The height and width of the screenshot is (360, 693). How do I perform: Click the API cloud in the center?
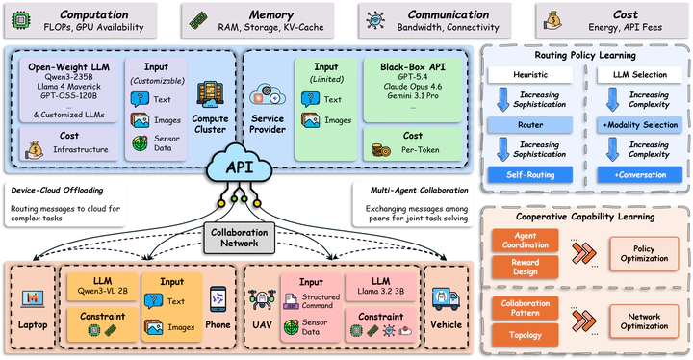[x=239, y=165]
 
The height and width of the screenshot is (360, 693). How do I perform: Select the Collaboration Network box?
[x=239, y=238]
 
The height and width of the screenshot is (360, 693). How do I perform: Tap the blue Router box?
[x=530, y=125]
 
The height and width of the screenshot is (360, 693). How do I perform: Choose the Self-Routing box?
[x=530, y=174]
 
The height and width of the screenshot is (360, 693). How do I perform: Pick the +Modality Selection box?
[x=640, y=125]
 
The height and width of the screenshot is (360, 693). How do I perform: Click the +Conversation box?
[x=640, y=174]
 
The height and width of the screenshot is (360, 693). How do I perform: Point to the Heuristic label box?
[x=530, y=75]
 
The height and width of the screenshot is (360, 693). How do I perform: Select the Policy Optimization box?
[x=644, y=254]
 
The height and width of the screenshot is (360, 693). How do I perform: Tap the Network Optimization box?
[x=644, y=321]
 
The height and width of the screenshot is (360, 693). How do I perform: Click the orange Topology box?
[x=526, y=335]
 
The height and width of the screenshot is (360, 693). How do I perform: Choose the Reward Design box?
[x=526, y=268]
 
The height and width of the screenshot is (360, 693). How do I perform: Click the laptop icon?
[x=33, y=299]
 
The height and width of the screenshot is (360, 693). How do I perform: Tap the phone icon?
[x=218, y=300]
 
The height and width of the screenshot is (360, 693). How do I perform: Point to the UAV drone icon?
[x=262, y=300]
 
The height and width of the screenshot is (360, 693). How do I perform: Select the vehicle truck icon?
[x=446, y=299]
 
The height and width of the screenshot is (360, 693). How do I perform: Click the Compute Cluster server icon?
[x=210, y=94]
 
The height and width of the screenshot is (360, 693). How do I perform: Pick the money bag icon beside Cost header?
[x=552, y=21]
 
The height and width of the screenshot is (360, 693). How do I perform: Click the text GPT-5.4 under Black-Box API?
[x=412, y=77]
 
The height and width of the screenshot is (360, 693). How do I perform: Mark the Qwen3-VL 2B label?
[x=103, y=291]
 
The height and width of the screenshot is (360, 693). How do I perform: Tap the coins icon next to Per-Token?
[x=381, y=150]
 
